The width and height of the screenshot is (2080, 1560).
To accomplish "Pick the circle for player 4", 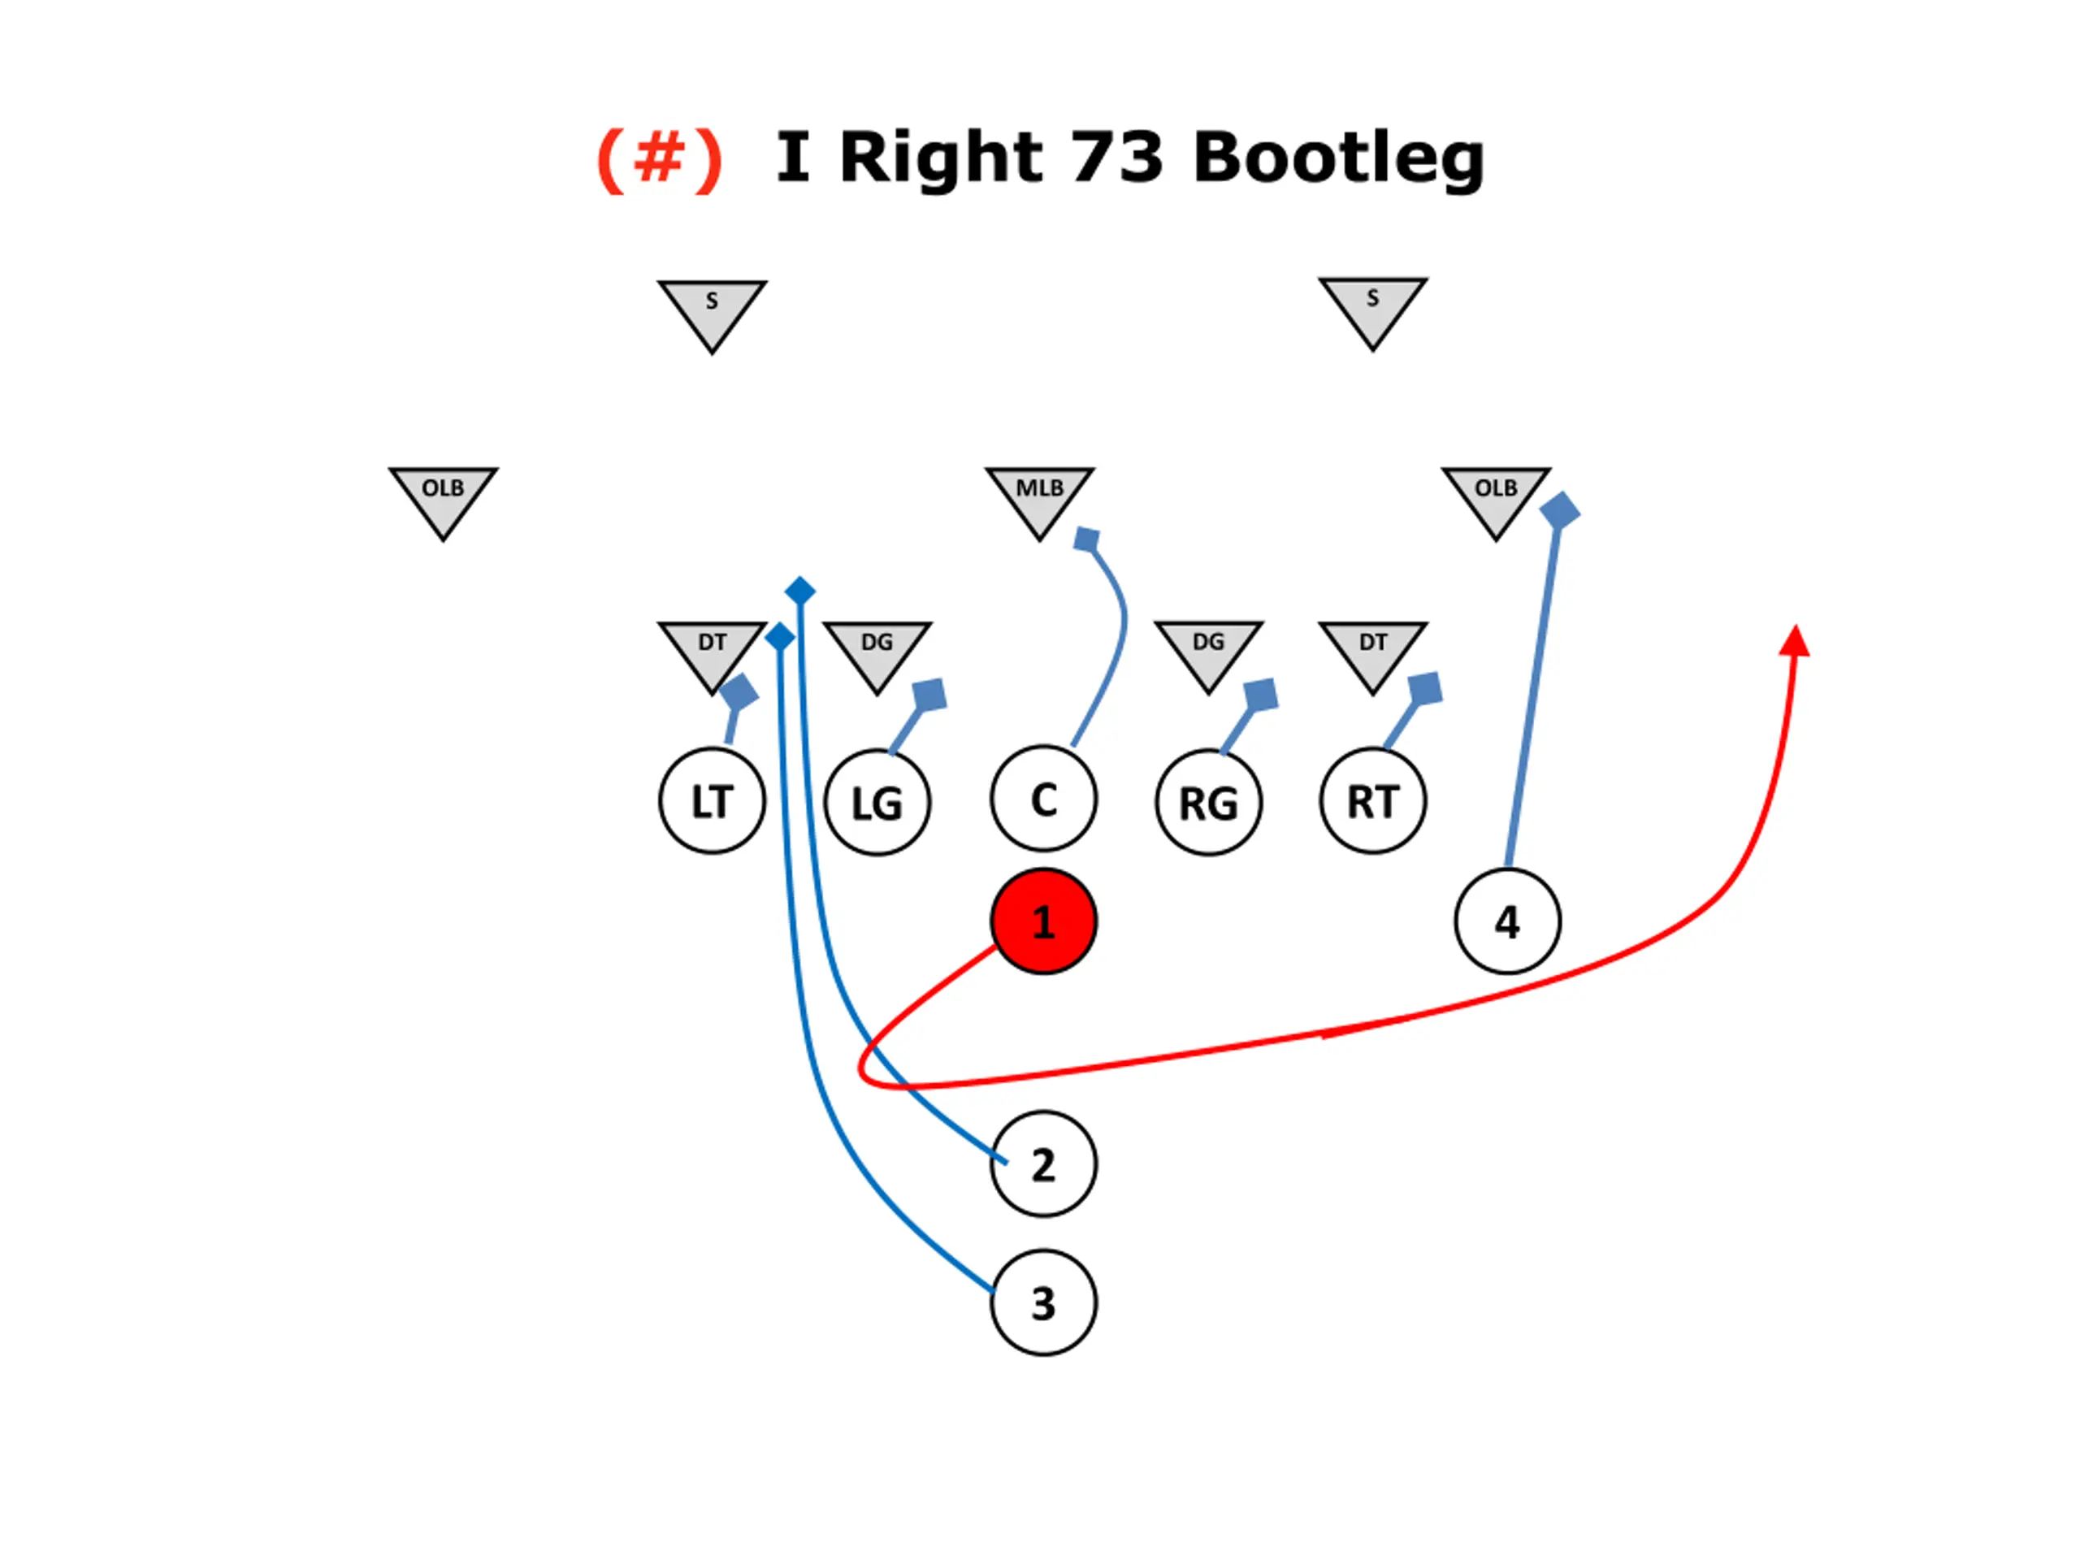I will click(1507, 921).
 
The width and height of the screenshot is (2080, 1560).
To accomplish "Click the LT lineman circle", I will click(712, 801).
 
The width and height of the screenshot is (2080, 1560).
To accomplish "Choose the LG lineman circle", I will click(877, 803).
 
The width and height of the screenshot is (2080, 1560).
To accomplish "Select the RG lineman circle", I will click(1208, 803).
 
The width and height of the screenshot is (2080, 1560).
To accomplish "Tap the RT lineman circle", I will click(1373, 801).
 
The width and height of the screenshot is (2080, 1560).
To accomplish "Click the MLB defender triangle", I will click(1039, 496).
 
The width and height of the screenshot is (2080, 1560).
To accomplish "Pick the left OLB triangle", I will click(443, 496).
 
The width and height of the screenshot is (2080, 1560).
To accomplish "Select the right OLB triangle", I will click(1495, 496).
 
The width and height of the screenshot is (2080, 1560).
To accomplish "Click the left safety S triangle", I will click(712, 310).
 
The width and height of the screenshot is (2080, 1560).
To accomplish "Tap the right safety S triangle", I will click(1373, 306).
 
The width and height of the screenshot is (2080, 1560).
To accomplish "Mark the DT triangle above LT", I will click(712, 650).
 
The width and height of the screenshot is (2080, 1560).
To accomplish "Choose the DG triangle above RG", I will click(1208, 650).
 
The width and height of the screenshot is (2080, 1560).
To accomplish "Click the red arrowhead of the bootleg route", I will click(1795, 641).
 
